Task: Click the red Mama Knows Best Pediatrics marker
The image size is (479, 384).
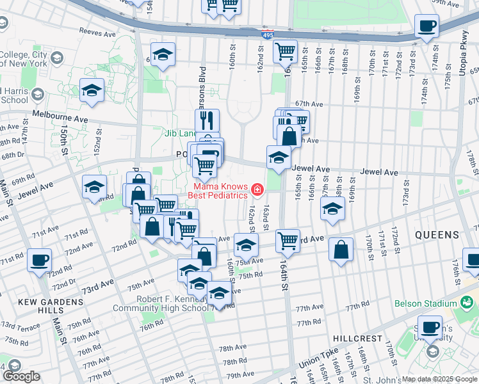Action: tap(257, 189)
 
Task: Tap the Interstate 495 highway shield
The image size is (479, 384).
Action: tap(264, 36)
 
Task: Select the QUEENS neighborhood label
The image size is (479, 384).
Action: tap(437, 235)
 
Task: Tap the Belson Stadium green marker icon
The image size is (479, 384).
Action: tap(466, 301)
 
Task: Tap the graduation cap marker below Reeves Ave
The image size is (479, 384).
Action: tap(163, 55)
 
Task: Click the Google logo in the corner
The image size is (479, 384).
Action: tap(20, 377)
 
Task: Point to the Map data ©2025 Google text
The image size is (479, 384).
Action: tap(439, 379)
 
